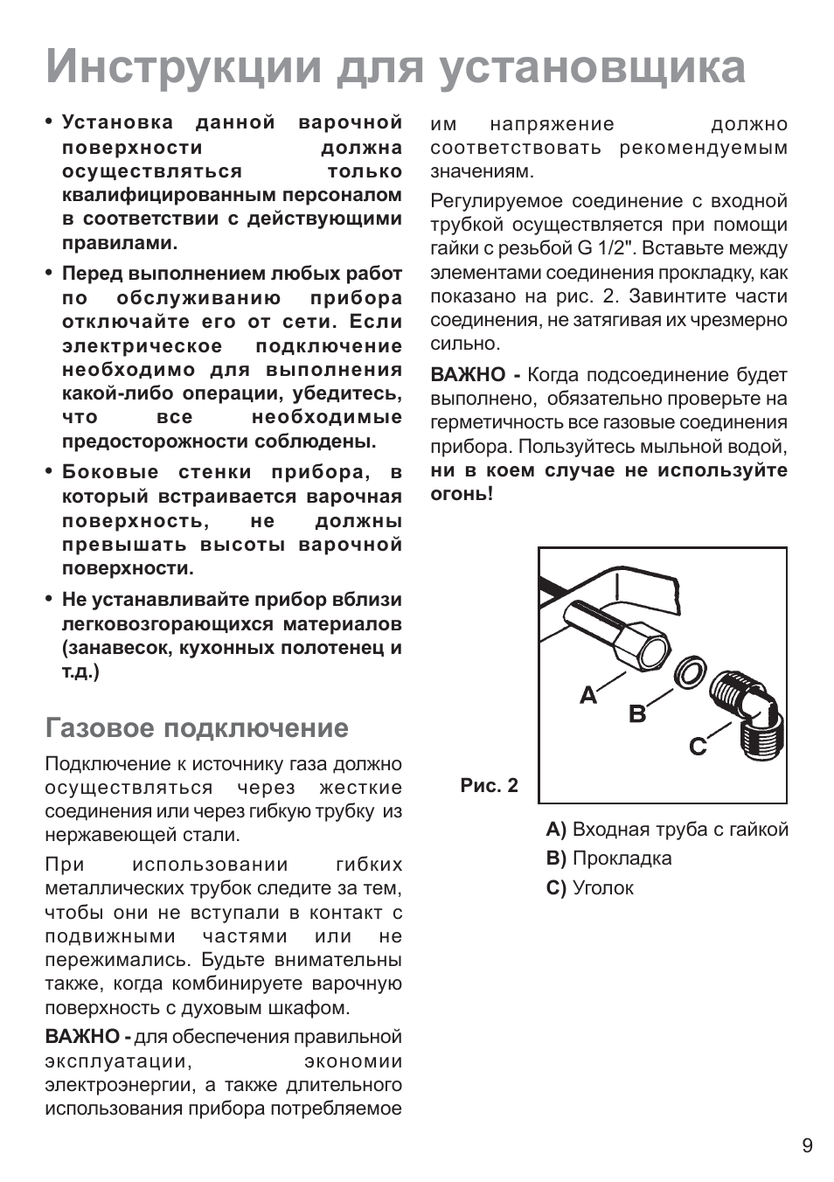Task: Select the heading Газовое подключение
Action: [197, 727]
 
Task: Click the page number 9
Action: [806, 1145]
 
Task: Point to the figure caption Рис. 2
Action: [489, 785]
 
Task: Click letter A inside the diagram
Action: [587, 696]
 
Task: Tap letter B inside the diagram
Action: [637, 714]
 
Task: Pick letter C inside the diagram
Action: [697, 747]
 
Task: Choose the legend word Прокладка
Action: [622, 858]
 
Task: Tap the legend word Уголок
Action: [602, 887]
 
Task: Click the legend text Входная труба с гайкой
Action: [680, 829]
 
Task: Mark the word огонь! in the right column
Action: [462, 494]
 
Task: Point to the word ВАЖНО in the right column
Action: [468, 375]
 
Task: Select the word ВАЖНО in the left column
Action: [82, 1037]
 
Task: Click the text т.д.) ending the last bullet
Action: [80, 671]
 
